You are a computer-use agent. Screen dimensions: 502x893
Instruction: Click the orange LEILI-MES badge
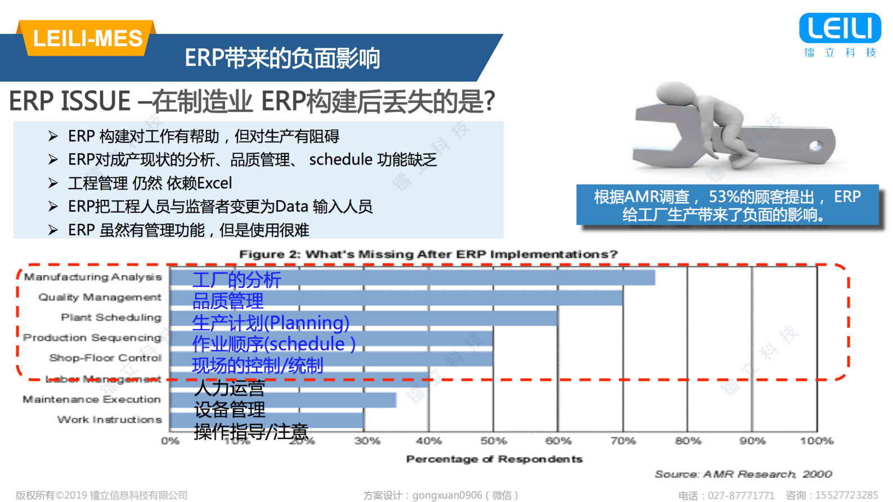(87, 38)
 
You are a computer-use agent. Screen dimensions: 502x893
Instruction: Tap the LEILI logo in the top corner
(840, 29)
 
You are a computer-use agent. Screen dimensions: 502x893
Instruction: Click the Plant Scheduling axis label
(111, 318)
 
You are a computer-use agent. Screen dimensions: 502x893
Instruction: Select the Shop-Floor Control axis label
(105, 358)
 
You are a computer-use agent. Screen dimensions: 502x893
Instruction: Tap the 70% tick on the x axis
(623, 441)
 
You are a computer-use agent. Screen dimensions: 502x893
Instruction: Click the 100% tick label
(816, 441)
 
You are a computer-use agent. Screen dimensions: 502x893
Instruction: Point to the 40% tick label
(428, 441)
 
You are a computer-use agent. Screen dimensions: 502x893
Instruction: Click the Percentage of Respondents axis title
(494, 459)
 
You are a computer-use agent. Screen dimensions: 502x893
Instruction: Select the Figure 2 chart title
(428, 254)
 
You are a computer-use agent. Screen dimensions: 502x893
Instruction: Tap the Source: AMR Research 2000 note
(743, 474)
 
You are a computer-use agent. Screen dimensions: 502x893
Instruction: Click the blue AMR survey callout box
(727, 205)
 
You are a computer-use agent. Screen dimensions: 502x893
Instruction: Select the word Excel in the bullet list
(214, 183)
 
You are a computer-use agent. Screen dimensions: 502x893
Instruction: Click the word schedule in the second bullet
(340, 160)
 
